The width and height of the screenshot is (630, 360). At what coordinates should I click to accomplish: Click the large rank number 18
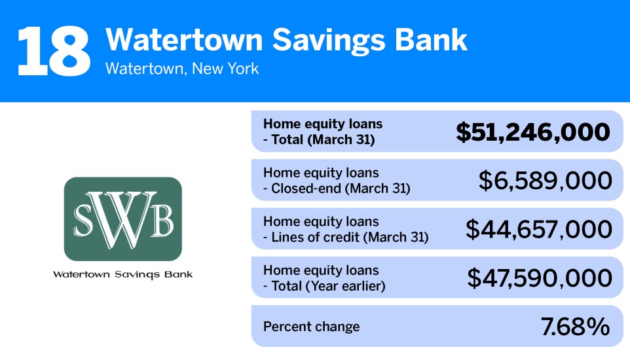tap(54, 51)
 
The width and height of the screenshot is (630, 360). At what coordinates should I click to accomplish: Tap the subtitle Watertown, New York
tap(181, 68)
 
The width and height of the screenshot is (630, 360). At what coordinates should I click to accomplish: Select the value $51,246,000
tap(533, 132)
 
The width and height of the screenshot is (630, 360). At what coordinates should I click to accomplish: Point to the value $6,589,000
tap(545, 181)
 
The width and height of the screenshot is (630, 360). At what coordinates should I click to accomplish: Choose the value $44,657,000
tap(538, 229)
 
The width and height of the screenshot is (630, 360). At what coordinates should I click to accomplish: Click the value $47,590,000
tap(539, 278)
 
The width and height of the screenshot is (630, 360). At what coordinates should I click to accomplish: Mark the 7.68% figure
tap(575, 327)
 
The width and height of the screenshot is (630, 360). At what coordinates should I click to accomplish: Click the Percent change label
tap(311, 327)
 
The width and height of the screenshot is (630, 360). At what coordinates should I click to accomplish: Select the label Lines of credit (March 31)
tap(350, 237)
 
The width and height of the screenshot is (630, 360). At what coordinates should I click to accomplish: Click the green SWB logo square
tap(122, 219)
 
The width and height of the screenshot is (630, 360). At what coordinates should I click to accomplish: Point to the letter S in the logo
tap(84, 221)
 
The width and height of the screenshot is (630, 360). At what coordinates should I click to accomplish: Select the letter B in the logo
tap(162, 221)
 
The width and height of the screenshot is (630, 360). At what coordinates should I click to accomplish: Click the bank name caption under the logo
tap(122, 274)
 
